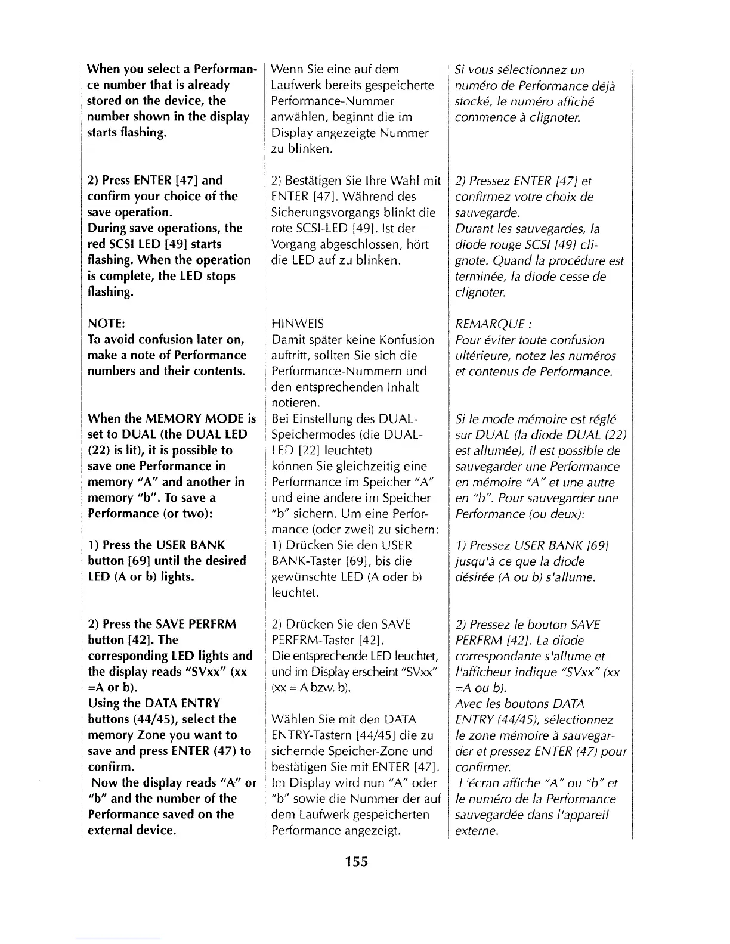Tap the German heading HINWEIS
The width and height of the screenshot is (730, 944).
tap(298, 324)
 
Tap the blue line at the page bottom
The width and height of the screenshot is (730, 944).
tap(118, 939)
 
